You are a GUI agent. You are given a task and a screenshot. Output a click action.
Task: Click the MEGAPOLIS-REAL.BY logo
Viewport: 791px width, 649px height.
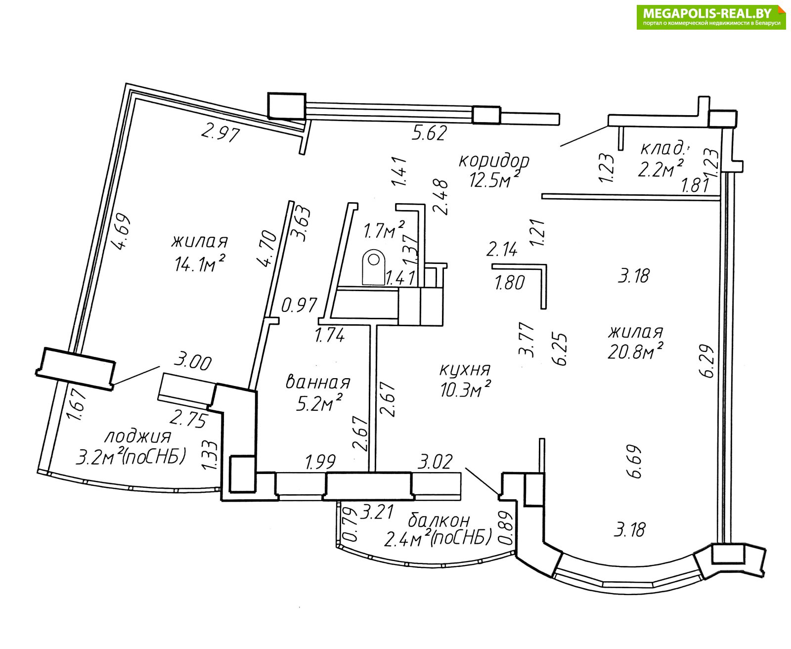coord(711,17)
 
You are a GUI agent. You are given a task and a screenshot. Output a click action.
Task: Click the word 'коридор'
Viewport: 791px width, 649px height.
coord(494,161)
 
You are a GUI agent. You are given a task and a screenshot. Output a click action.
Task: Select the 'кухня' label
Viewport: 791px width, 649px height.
coord(465,369)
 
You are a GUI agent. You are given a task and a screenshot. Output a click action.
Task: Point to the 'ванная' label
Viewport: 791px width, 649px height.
coord(318,382)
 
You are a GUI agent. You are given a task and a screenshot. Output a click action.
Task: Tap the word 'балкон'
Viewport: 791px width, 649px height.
coord(439,520)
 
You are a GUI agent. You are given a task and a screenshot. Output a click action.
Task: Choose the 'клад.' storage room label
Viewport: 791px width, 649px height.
coord(663,148)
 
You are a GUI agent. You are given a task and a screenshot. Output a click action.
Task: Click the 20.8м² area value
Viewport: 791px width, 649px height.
coord(635,352)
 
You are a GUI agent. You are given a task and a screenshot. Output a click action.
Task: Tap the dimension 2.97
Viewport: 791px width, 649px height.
coord(220,133)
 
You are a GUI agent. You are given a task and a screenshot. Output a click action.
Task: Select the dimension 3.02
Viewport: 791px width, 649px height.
coord(435,462)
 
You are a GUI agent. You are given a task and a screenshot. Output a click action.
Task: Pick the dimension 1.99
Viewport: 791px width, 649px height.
coord(320,462)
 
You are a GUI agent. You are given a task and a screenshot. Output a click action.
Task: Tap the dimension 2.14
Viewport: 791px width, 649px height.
coord(502,249)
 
